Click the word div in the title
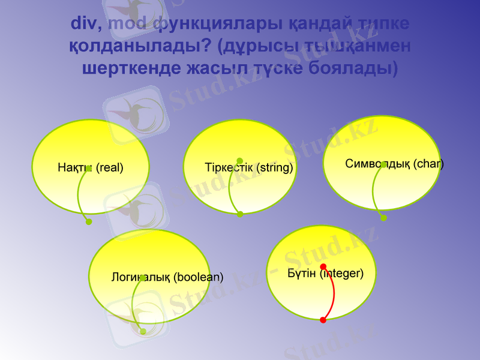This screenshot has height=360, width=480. [85, 24]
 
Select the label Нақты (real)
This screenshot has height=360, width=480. [90, 168]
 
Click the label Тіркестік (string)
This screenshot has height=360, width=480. [248, 168]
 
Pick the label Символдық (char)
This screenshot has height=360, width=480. [394, 164]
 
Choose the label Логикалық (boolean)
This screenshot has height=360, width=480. [167, 278]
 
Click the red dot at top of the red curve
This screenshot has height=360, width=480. [323, 266]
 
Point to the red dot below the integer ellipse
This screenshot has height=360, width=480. [323, 320]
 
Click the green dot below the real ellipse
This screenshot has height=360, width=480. [89, 222]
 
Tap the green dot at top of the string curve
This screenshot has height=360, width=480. [240, 161]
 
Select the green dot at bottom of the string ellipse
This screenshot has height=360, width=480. [240, 214]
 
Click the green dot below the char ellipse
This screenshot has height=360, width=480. [384, 218]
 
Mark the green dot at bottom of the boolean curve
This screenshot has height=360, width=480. [143, 331]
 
